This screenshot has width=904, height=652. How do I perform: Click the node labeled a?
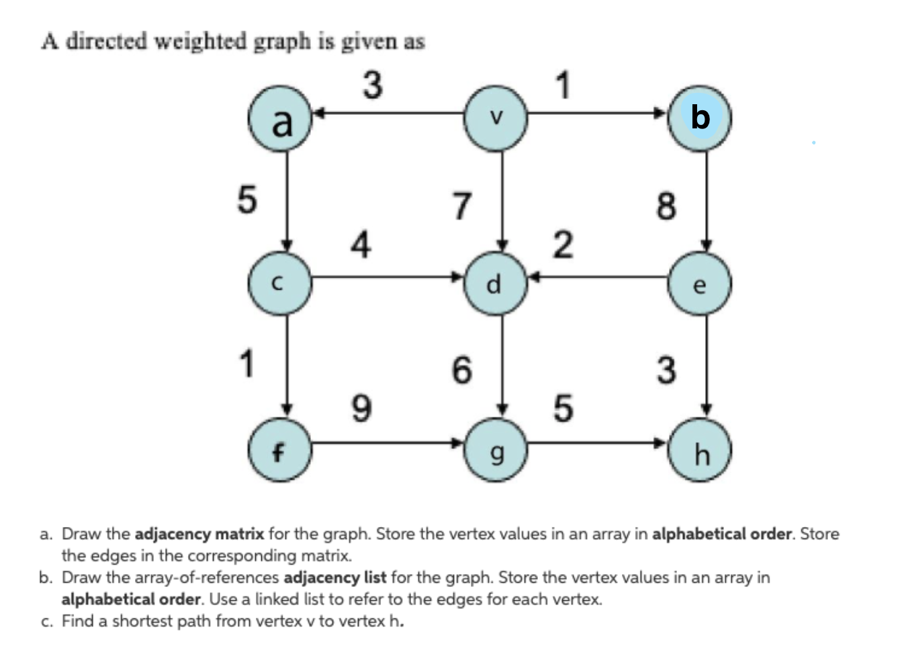click(280, 119)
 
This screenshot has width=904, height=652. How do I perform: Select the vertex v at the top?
click(496, 118)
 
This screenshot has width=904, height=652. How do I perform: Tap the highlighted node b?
click(700, 118)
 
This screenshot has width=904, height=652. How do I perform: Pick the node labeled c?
click(279, 283)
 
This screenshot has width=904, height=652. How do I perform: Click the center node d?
click(496, 283)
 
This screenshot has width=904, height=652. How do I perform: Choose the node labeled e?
click(700, 284)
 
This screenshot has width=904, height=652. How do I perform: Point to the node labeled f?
click(279, 450)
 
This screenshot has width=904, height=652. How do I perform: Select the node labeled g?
click(496, 450)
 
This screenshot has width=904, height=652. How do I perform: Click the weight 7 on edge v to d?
click(461, 205)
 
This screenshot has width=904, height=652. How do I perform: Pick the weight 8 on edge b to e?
click(666, 205)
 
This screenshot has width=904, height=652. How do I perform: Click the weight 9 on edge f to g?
click(361, 408)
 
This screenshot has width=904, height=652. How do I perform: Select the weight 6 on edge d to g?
click(461, 370)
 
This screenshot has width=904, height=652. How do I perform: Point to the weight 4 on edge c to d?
click(361, 244)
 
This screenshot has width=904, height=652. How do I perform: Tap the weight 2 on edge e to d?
click(563, 244)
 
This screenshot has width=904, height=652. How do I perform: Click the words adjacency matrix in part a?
click(199, 534)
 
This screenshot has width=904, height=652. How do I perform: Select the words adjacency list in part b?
click(334, 577)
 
